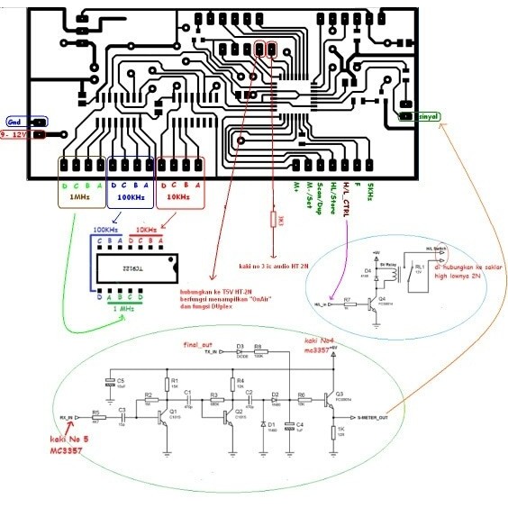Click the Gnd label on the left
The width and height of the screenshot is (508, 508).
click(x=14, y=121)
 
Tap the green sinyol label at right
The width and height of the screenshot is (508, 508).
click(x=428, y=116)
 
